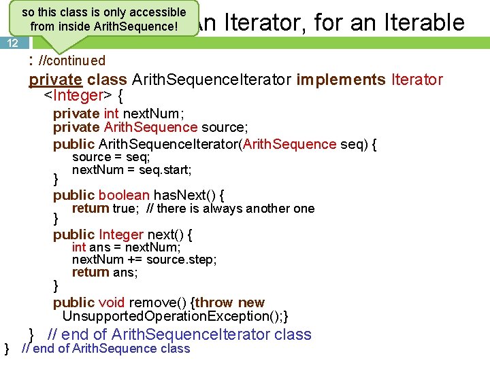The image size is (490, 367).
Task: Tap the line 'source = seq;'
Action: [x=111, y=157]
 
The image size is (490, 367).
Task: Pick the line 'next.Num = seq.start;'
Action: [x=131, y=169]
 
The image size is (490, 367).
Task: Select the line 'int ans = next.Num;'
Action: [x=126, y=247]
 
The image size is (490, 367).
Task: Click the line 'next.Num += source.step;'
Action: [x=144, y=260]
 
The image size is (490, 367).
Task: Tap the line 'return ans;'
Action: [x=105, y=273]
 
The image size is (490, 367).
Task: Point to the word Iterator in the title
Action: [x=255, y=23]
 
